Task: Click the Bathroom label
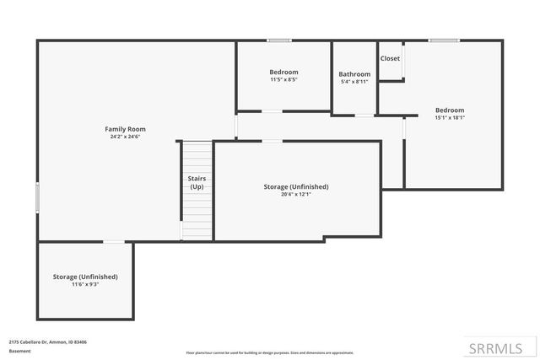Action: pos(354,74)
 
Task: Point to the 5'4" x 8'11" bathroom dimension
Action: pos(354,82)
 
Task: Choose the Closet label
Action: pos(390,58)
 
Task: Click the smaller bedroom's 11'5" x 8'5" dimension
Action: pos(283,80)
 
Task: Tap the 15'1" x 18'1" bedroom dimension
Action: pos(450,118)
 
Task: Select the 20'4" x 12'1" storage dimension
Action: pos(296,195)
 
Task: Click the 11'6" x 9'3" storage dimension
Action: pos(85,285)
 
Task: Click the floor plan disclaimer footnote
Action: pos(269,352)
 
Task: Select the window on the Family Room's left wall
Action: pos(37,198)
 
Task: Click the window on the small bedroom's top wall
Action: pos(279,40)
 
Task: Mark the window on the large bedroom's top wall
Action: pos(443,40)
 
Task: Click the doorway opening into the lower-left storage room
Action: pos(113,242)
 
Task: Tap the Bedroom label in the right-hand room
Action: pos(450,110)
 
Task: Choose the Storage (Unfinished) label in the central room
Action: pos(296,186)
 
